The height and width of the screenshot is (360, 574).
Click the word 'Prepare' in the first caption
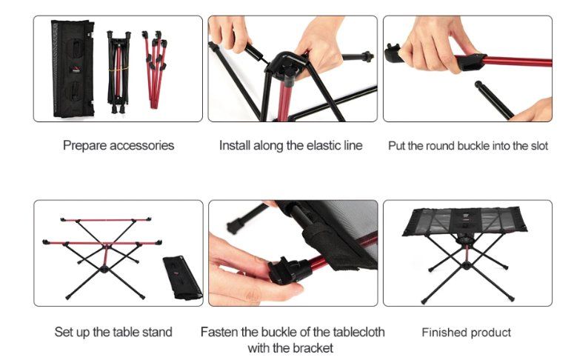point(84,146)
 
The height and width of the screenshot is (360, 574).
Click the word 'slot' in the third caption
point(540,146)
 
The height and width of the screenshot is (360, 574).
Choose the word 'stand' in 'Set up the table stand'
point(157,332)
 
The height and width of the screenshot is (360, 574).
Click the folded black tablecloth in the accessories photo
point(73,68)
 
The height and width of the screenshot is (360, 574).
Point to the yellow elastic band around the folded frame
point(119,68)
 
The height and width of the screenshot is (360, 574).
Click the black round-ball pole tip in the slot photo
point(478,84)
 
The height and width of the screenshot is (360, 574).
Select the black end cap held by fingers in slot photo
point(393,53)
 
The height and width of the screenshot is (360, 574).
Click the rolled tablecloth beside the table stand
point(182,277)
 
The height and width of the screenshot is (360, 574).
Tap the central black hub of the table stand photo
point(104,270)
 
